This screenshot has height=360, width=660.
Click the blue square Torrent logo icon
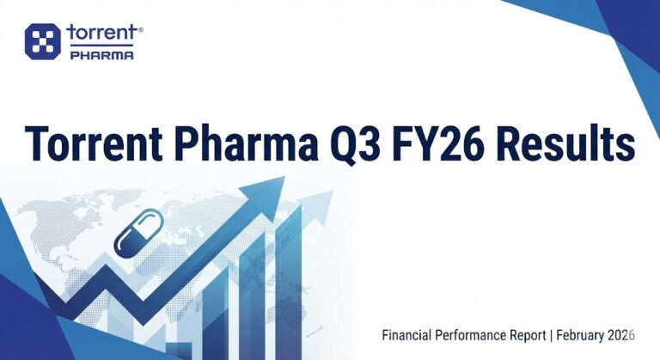tap(42, 42)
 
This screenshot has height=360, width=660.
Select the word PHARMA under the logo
tap(100, 55)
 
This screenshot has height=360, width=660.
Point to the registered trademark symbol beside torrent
tap(141, 29)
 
